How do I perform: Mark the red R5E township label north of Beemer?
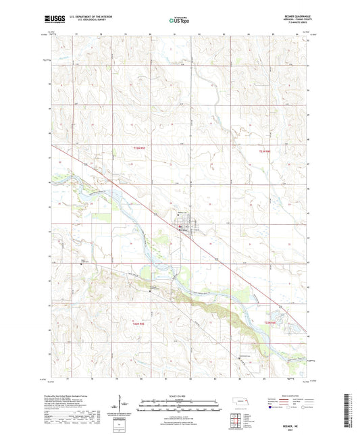pyautogui.click(x=138, y=156)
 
